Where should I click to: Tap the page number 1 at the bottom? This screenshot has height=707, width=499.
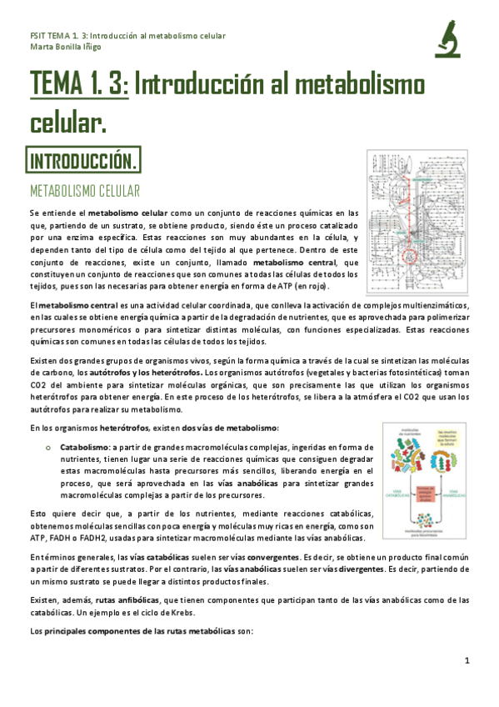(467, 661)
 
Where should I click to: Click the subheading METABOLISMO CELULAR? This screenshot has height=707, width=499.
(85, 191)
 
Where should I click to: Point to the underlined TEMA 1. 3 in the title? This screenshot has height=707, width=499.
(79, 86)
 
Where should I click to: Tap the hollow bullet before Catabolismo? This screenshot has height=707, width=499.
(50, 448)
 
